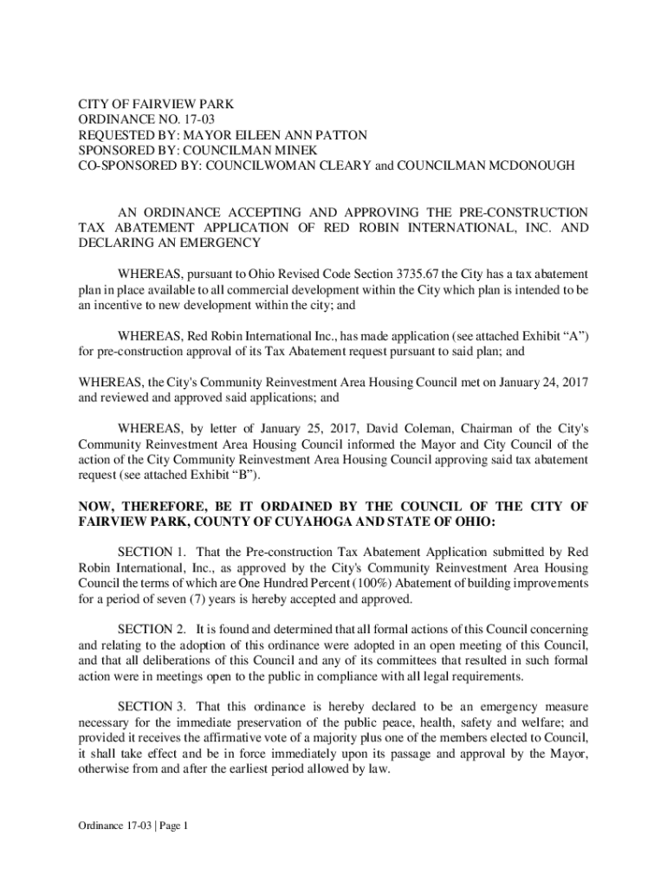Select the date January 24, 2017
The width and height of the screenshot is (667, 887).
coord(539,381)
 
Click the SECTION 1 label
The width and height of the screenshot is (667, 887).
coord(152,552)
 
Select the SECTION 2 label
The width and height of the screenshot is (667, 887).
coord(152,630)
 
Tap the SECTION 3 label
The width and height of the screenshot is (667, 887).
coord(152,707)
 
